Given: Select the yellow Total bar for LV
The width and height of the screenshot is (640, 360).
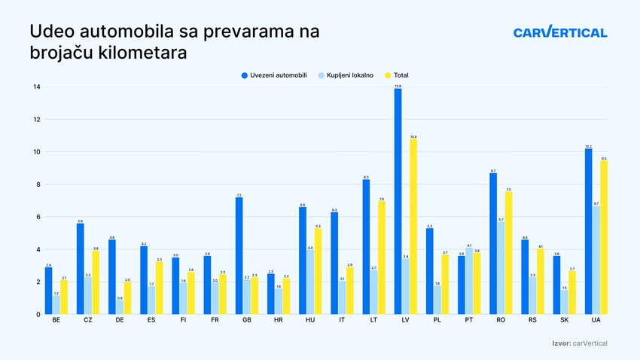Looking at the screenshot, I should point(413,226).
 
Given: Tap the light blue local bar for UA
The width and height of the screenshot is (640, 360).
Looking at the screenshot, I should point(596,260).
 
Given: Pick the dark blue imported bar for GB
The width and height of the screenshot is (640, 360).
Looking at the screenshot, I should point(239,256).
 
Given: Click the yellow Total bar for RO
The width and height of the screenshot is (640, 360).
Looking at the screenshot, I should point(508,253).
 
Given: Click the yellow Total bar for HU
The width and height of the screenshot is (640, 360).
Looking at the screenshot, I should point(318,271).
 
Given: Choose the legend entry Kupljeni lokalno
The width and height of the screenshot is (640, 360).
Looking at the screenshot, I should point(349,75).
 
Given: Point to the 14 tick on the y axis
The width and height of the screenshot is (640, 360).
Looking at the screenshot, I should point(36,87).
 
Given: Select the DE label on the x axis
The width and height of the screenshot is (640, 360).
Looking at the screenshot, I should point(120,321).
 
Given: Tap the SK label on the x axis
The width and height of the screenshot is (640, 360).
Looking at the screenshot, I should point(565,321).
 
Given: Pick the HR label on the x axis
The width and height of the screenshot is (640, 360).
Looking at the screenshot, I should point(279,321).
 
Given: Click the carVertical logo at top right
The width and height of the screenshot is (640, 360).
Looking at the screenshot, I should point(559,32).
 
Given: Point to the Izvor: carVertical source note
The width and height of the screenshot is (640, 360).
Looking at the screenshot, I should point(579,343).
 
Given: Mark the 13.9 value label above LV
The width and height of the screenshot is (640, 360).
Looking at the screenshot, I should point(398,86).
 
